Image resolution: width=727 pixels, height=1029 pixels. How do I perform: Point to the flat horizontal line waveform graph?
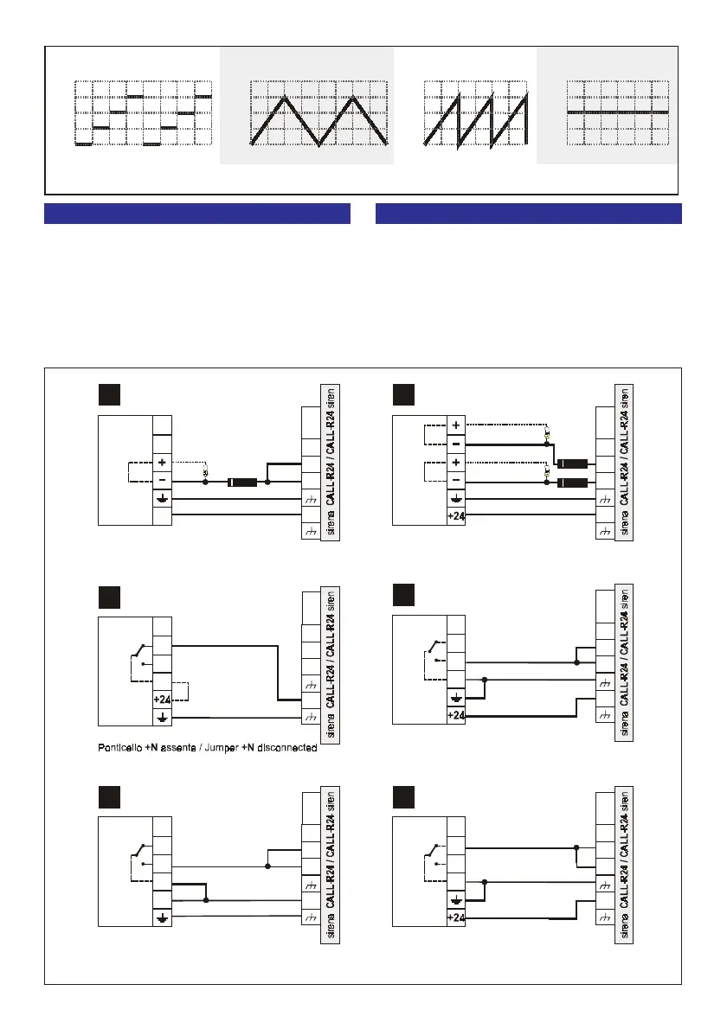pyautogui.click(x=618, y=113)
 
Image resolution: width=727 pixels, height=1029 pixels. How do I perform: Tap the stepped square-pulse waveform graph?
pyautogui.click(x=143, y=113)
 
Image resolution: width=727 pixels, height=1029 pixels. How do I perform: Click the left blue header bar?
pyautogui.click(x=196, y=214)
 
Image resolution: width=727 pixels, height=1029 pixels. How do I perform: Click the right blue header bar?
pyautogui.click(x=529, y=214)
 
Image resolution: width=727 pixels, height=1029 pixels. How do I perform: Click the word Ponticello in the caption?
pyautogui.click(x=128, y=748)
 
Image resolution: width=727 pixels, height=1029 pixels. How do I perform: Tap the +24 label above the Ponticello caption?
pyautogui.click(x=162, y=699)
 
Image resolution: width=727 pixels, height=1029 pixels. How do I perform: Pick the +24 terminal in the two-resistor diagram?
pyautogui.click(x=457, y=515)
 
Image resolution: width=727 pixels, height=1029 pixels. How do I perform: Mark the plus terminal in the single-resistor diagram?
pyautogui.click(x=162, y=463)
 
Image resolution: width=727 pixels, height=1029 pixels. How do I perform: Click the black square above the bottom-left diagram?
pyautogui.click(x=108, y=796)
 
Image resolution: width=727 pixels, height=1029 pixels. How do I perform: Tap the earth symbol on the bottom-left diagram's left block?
pyautogui.click(x=162, y=918)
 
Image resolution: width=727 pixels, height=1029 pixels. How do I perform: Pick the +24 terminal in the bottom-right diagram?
pyautogui.click(x=457, y=918)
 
